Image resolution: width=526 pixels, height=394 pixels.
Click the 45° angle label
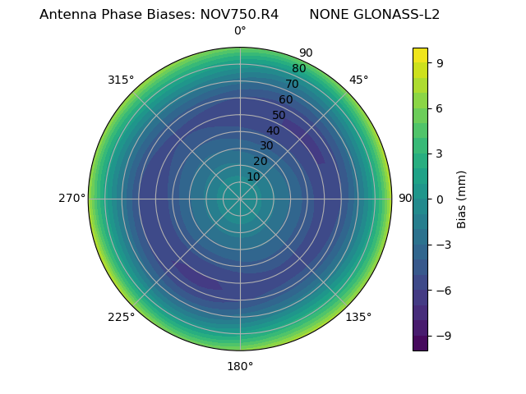point(358,80)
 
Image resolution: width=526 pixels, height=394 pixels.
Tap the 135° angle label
point(358,317)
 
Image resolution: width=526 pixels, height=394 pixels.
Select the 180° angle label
point(240,366)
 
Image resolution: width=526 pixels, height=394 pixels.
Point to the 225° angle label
point(121,317)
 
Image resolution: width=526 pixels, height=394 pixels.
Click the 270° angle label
point(72,199)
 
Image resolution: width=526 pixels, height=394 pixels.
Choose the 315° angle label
point(121,80)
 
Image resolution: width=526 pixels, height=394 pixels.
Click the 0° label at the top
point(240,31)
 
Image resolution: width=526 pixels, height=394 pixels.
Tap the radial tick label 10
point(253,176)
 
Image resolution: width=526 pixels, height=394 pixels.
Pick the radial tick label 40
point(273,131)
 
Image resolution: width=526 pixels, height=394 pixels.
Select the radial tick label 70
point(292,84)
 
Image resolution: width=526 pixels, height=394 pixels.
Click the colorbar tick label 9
point(441,62)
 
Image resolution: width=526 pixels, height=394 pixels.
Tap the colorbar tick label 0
point(441,199)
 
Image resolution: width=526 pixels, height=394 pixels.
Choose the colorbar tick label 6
point(441,108)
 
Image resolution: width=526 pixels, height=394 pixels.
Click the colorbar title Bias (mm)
point(462,199)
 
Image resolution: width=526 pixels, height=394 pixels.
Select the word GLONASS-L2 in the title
point(374,14)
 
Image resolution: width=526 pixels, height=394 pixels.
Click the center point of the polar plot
point(240,199)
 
